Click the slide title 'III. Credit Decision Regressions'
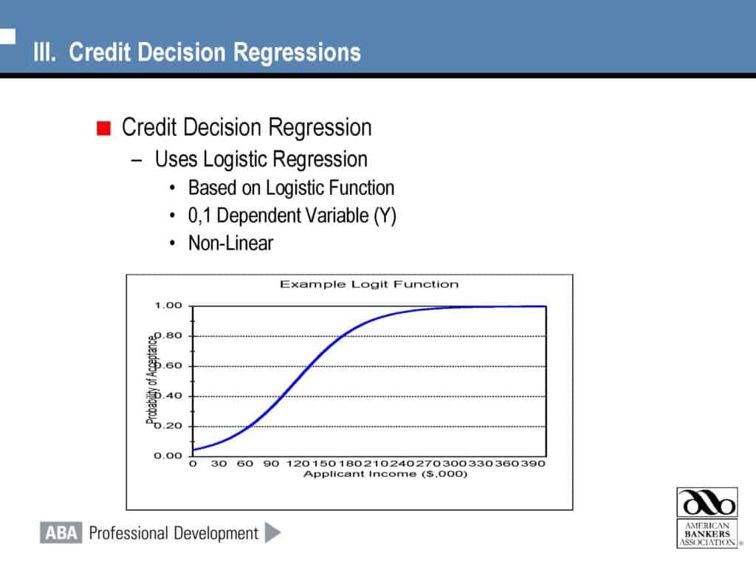click(x=197, y=53)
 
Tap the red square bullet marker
click(x=103, y=128)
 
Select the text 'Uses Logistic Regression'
click(x=261, y=159)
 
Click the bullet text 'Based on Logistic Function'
click(x=291, y=188)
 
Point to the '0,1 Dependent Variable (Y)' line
click(x=292, y=216)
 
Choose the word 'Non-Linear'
click(x=230, y=243)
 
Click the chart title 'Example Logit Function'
click(x=368, y=284)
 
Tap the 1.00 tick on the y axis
click(x=168, y=306)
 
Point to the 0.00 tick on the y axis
click(x=168, y=456)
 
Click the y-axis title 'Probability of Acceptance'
click(x=153, y=380)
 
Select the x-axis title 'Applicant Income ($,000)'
click(x=385, y=474)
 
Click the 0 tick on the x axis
click(x=193, y=464)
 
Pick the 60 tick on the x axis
click(x=244, y=464)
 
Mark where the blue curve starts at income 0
click(x=193, y=450)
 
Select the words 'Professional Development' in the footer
click(x=173, y=533)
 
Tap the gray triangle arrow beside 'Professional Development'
click(x=272, y=532)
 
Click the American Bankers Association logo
click(x=707, y=518)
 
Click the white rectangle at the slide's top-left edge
click(x=7, y=35)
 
